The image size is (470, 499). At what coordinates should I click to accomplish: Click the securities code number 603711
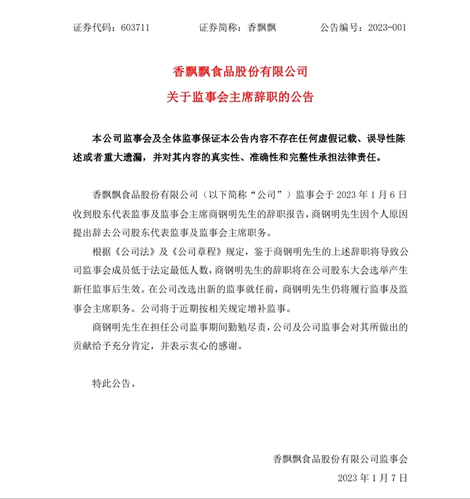[x=135, y=28]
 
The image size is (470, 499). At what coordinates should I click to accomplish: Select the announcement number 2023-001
[x=387, y=28]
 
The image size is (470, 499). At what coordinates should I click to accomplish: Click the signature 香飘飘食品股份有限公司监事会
[x=340, y=459]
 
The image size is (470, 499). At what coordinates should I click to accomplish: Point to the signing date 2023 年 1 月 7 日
[x=372, y=478]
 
